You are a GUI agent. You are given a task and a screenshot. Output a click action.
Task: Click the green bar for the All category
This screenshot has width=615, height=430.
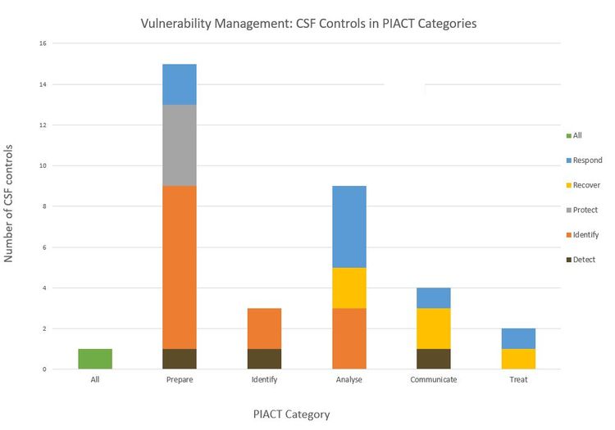pyautogui.click(x=95, y=359)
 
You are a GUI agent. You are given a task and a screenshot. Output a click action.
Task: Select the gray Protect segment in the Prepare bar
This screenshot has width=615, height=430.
pyautogui.click(x=179, y=145)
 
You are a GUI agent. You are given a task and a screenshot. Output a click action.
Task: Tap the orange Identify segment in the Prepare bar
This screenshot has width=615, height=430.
pyautogui.click(x=179, y=267)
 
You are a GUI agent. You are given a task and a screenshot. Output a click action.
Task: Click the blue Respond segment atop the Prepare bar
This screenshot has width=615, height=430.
pyautogui.click(x=179, y=84)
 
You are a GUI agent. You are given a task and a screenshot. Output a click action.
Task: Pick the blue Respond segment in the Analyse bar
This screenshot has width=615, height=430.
pyautogui.click(x=348, y=226)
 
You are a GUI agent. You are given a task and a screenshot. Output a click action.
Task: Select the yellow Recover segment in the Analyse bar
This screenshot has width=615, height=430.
pyautogui.click(x=348, y=287)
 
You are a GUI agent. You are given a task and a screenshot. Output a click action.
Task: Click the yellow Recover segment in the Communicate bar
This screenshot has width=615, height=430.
pyautogui.click(x=433, y=328)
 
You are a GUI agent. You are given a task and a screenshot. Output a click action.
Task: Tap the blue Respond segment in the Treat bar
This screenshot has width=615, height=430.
pyautogui.click(x=517, y=338)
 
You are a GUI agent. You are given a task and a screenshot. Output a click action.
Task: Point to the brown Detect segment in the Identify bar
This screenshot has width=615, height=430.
pyautogui.click(x=264, y=359)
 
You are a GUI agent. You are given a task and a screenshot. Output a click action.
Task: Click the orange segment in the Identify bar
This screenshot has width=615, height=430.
pyautogui.click(x=264, y=328)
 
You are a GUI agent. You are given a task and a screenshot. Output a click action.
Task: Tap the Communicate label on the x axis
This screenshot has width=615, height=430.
pyautogui.click(x=433, y=380)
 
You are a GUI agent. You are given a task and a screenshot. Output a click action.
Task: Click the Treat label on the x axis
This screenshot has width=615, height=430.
pyautogui.click(x=517, y=380)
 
